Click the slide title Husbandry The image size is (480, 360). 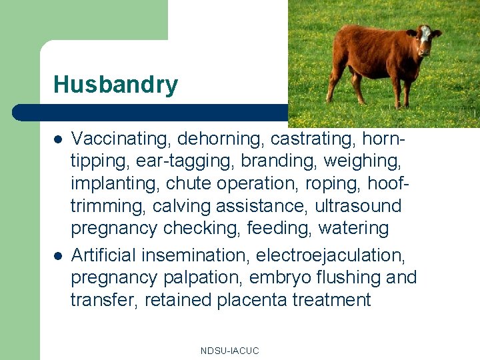[115, 85]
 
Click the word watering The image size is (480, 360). [353, 229]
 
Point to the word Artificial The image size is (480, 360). [105, 255]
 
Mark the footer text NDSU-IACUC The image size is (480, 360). [229, 351]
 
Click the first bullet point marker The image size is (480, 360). [58, 139]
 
